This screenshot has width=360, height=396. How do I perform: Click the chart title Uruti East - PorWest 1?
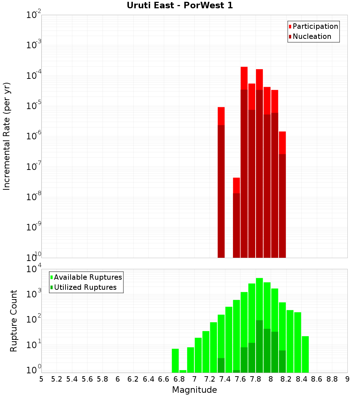pos(180,6)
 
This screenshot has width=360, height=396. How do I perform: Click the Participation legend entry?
pos(313,26)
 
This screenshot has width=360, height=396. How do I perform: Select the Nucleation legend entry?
pos(310,36)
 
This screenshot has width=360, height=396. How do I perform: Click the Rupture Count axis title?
pos(14,321)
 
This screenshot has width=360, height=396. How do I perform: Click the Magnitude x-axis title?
pos(194,390)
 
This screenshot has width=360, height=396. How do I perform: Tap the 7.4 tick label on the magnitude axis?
pos(225,379)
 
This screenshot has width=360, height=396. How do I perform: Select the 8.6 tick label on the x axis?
pos(317,379)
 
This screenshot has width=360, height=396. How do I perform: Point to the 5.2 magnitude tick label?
pos(57,379)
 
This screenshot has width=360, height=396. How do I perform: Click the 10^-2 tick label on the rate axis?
pos(34,15)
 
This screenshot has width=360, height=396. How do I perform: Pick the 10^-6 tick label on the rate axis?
pos(34,136)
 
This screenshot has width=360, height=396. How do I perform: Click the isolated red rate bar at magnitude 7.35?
pos(221,180)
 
